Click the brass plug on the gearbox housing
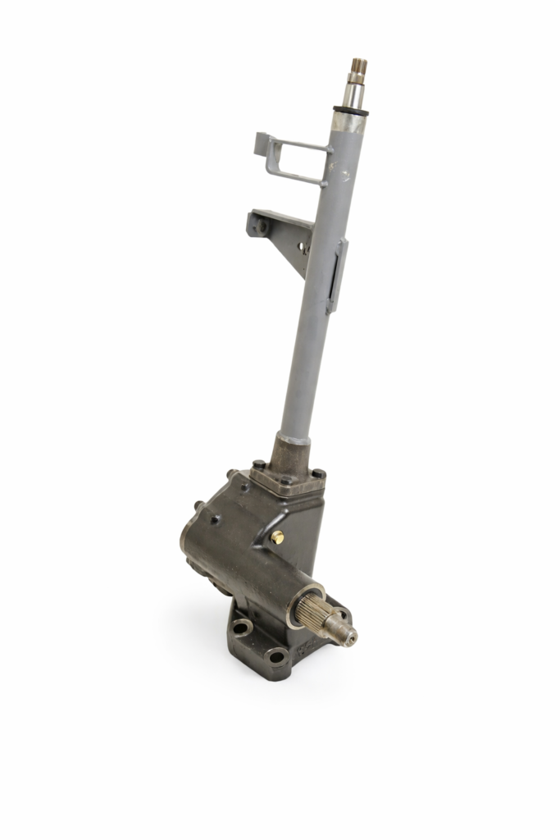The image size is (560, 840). (x=277, y=536)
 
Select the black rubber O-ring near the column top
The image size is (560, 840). (x=351, y=109)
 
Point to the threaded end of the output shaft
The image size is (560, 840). (x=344, y=632)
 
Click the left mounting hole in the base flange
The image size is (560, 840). (x=241, y=628)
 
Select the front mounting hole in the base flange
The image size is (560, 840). (x=277, y=655)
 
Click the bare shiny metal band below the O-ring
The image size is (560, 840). (x=347, y=121)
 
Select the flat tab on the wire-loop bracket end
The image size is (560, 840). (x=262, y=143)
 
